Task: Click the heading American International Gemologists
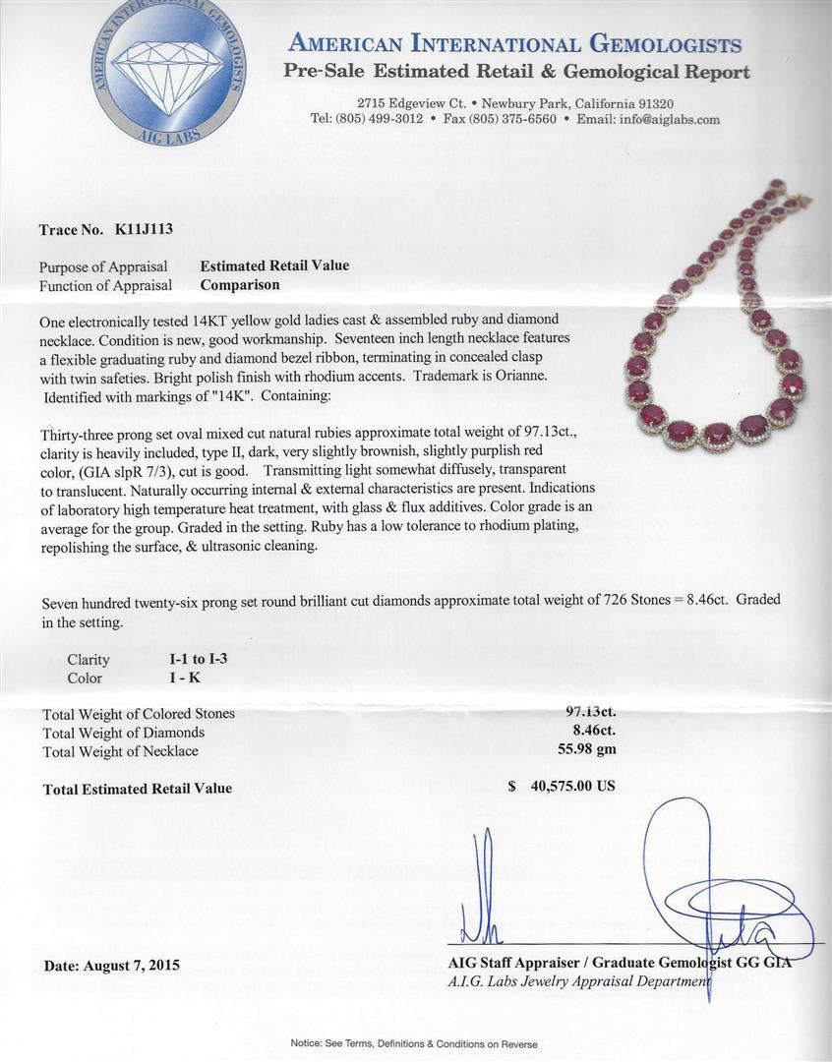(515, 44)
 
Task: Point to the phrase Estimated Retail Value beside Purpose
(274, 265)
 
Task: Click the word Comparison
(240, 285)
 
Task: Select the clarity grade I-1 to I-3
(199, 659)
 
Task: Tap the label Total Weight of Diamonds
(124, 733)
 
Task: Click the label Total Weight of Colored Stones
(139, 714)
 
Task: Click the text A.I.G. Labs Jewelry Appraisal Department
(578, 981)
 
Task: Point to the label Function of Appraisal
(105, 286)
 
